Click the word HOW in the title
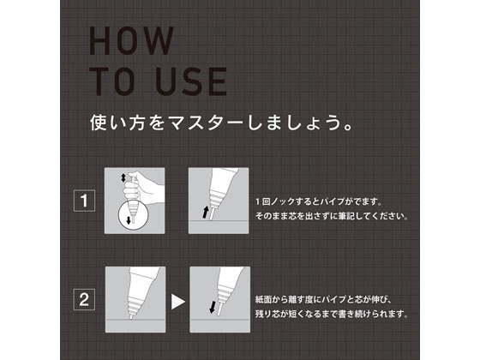click(132, 41)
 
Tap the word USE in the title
click(192, 81)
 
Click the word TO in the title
click(111, 81)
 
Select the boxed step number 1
click(84, 201)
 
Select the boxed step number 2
click(84, 299)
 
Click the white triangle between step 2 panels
click(177, 302)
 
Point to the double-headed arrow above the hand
click(123, 177)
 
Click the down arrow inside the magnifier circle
click(129, 219)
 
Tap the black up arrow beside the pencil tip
click(206, 213)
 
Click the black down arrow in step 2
click(213, 307)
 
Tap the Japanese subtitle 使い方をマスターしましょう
click(222, 123)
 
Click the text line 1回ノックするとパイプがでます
click(319, 201)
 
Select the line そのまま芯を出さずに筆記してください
click(333, 216)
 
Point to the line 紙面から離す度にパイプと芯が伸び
click(325, 299)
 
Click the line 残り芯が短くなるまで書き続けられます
click(333, 314)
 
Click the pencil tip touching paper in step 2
click(131, 316)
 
